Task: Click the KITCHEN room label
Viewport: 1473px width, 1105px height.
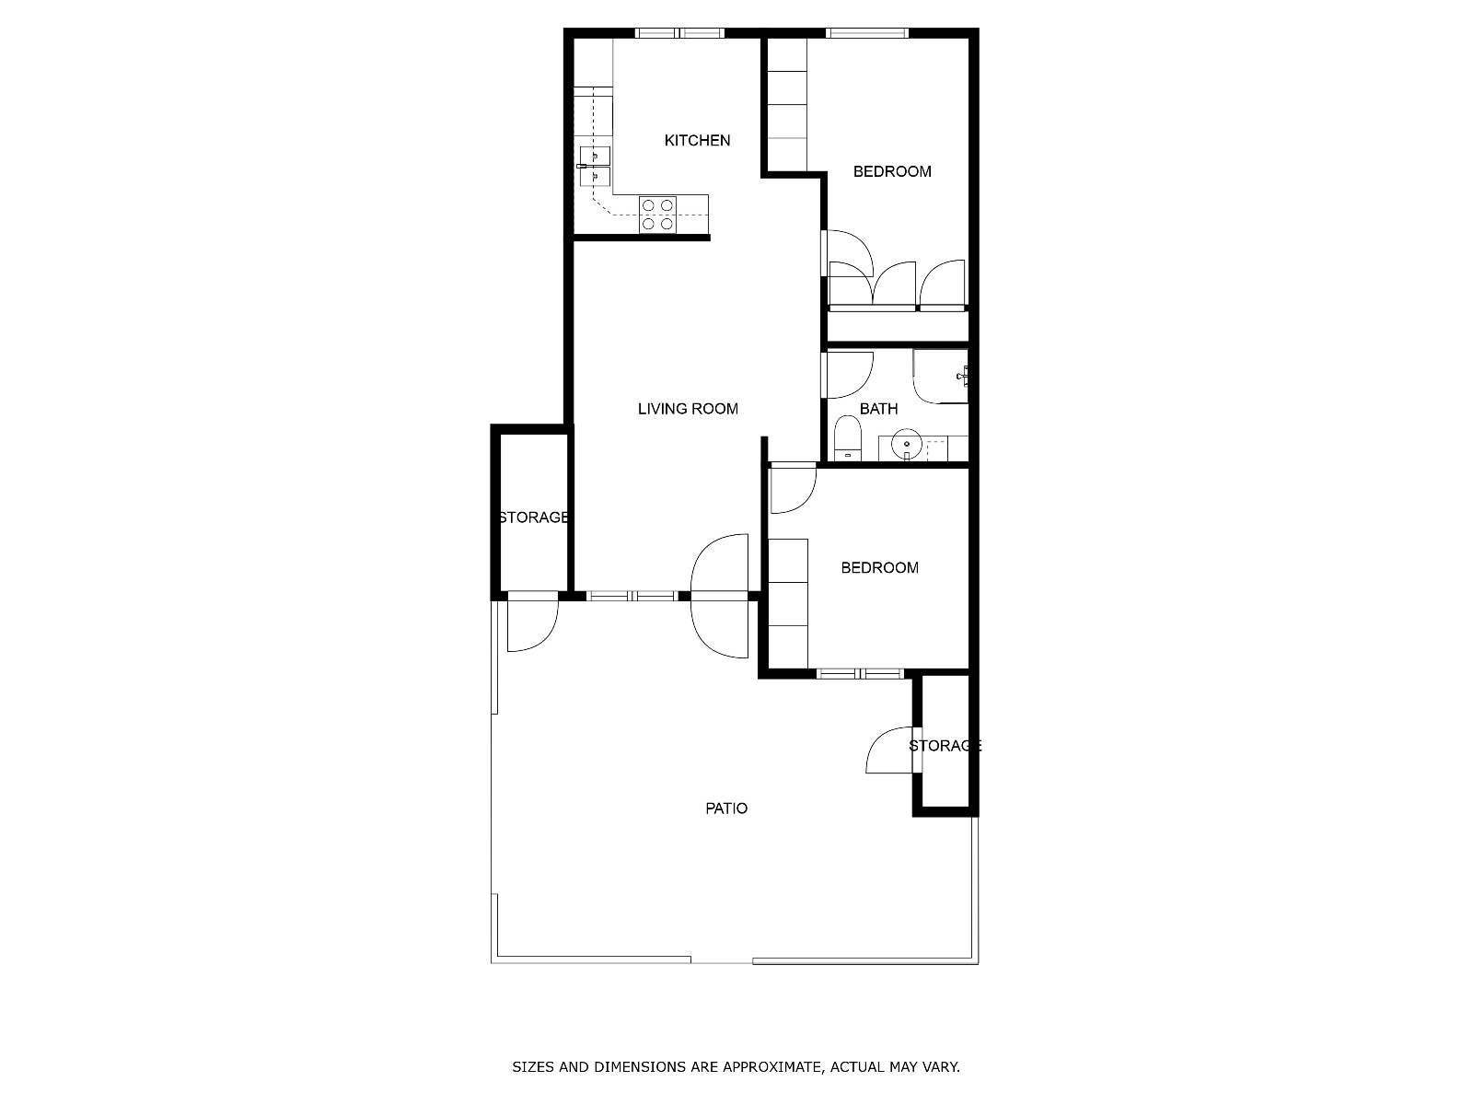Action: [x=697, y=140]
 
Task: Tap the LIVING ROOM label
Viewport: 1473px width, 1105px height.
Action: [x=688, y=409]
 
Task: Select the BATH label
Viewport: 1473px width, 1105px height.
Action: [x=878, y=409]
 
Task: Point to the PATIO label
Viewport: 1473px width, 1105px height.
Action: [x=726, y=808]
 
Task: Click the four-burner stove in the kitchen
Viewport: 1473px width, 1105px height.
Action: [x=657, y=215]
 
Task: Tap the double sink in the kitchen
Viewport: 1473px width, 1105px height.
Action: [x=595, y=165]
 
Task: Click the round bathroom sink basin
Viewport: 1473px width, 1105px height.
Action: [x=907, y=445]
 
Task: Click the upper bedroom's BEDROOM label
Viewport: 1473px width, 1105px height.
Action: [x=891, y=171]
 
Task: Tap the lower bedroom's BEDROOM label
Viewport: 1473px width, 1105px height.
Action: [x=879, y=568]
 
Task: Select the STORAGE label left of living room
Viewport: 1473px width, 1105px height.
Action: [x=533, y=518]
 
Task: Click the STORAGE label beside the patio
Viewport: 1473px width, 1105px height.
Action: [x=945, y=746]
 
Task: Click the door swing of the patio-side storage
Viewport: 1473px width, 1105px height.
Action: [x=890, y=750]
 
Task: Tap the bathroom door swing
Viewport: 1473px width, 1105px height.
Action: [x=847, y=374]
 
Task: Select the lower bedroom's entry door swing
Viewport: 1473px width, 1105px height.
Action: [x=791, y=489]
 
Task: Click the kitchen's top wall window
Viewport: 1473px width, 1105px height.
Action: [x=680, y=34]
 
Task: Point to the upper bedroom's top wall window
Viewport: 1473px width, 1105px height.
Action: [x=866, y=34]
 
